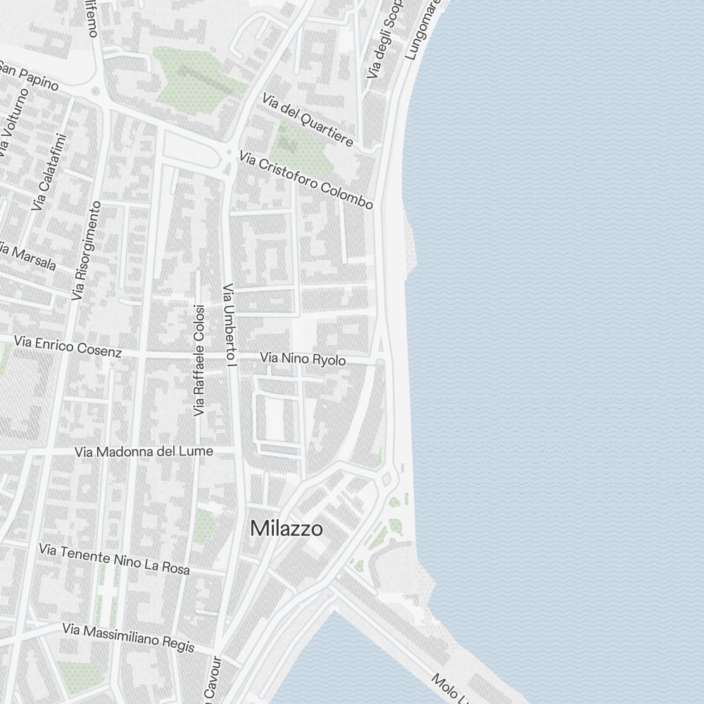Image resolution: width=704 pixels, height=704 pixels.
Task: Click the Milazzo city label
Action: click(287, 529)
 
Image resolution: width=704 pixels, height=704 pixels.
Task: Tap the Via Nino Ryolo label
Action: click(303, 360)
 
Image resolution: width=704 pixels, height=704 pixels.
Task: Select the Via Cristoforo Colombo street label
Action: click(306, 180)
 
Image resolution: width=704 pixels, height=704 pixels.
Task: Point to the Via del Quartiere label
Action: click(307, 119)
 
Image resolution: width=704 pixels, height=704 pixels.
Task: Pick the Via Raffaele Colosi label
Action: click(199, 359)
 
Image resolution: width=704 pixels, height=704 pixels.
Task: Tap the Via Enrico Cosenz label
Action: click(68, 346)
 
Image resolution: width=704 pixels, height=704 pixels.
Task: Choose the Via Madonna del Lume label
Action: click(144, 451)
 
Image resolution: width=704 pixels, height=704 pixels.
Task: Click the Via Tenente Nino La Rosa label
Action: click(115, 558)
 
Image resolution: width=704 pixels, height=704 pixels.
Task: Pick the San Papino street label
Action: click(28, 75)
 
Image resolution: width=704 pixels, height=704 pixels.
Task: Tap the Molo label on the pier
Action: click(447, 686)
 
